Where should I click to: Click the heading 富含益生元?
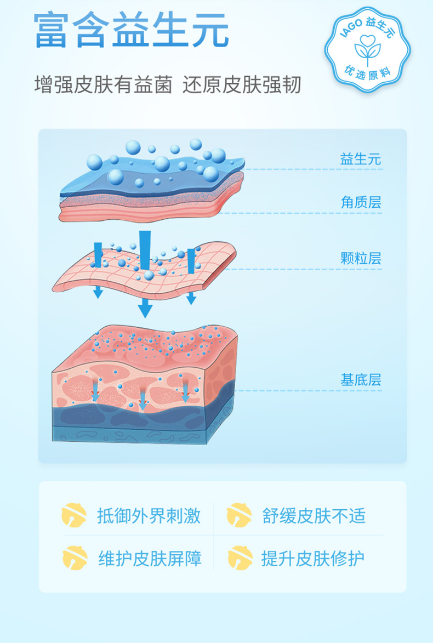point(131,31)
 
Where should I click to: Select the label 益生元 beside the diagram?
point(360,160)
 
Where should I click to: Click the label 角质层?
point(360,203)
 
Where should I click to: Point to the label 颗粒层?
point(360,258)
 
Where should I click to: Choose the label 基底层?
point(360,380)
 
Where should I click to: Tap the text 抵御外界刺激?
point(149,516)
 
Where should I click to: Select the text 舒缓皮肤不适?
point(314,516)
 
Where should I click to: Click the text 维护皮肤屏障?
point(150,559)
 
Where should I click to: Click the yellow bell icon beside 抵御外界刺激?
point(74,515)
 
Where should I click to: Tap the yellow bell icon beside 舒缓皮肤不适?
point(240,515)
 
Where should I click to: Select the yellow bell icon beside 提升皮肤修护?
point(240,558)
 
